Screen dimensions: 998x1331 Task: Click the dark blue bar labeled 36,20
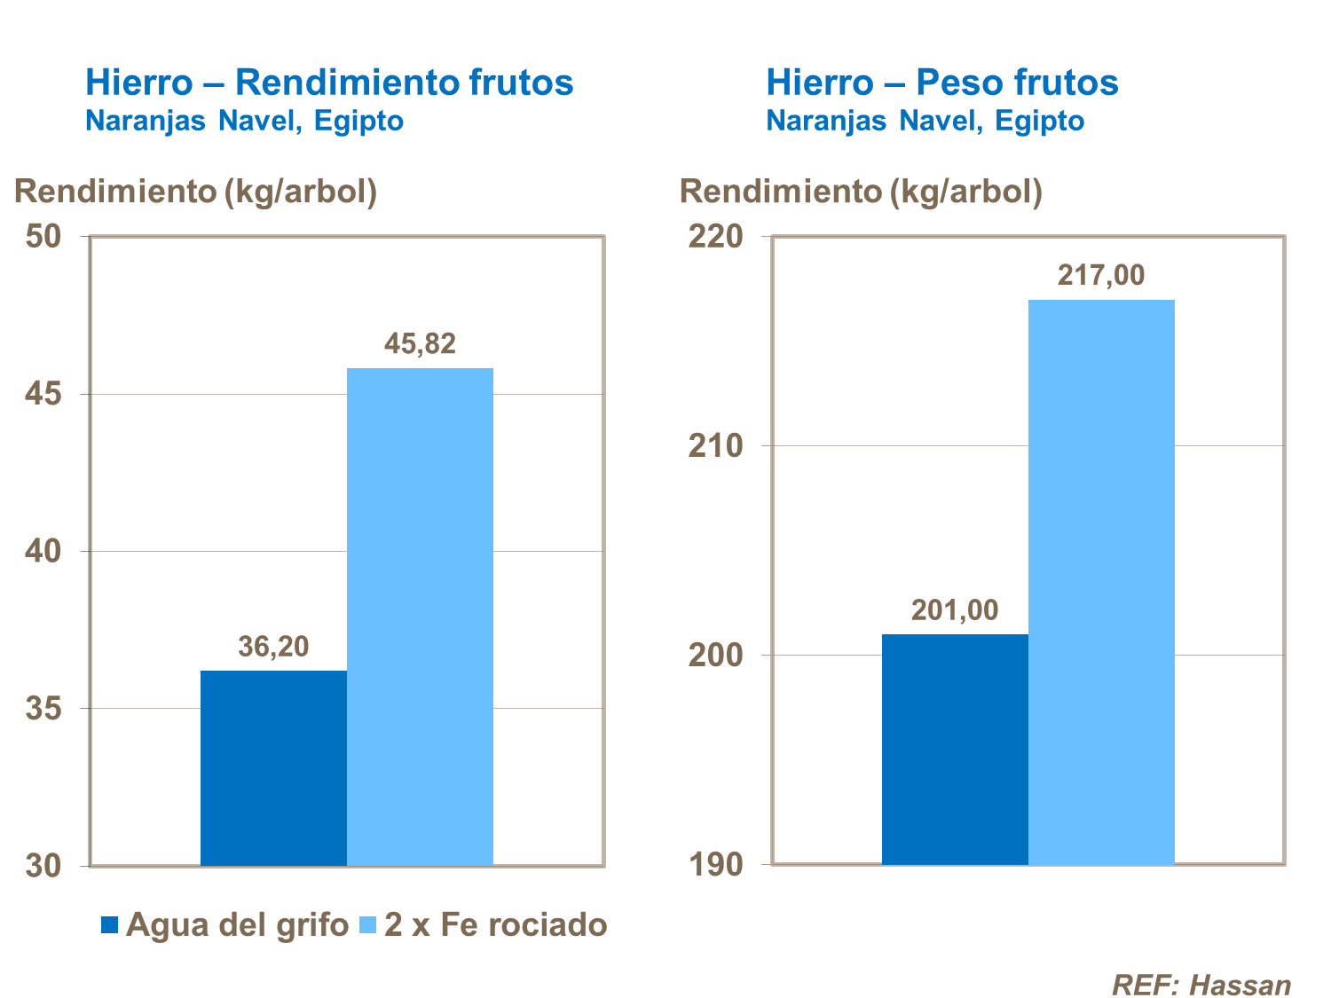(273, 767)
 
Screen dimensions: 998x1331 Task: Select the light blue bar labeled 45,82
(420, 617)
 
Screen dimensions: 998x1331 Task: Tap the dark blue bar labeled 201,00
(955, 750)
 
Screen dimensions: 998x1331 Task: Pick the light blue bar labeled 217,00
(1101, 581)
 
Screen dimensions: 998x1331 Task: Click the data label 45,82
(420, 343)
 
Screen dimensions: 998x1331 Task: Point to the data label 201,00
(955, 610)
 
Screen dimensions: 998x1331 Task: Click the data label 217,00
(1101, 275)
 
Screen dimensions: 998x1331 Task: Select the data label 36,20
(273, 646)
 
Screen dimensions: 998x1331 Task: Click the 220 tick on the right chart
(715, 237)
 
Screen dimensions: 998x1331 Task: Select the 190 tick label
(715, 865)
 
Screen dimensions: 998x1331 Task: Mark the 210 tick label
(715, 446)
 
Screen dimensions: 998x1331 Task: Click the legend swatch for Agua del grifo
(110, 925)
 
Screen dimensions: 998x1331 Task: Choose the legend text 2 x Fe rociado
(496, 925)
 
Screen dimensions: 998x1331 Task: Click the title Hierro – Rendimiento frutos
(329, 83)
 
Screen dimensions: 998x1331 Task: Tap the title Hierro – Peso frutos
(941, 83)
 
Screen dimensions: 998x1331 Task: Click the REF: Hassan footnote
(1201, 985)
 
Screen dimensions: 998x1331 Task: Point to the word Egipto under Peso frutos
(1039, 121)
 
